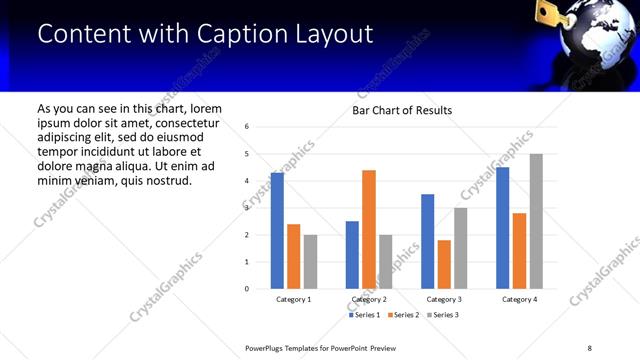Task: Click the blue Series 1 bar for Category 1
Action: pos(277,231)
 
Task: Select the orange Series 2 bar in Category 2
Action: pos(369,229)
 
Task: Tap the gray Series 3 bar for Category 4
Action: pos(536,221)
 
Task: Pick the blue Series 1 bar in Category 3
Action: pos(427,241)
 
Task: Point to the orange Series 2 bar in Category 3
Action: pos(444,264)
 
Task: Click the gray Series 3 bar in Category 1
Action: pos(311,262)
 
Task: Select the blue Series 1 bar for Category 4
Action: pos(502,228)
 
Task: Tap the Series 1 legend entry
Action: pos(365,315)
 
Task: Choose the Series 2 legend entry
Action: pos(402,315)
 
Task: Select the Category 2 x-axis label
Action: pos(369,299)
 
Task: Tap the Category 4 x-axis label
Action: pos(519,299)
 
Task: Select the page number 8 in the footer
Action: pos(590,348)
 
